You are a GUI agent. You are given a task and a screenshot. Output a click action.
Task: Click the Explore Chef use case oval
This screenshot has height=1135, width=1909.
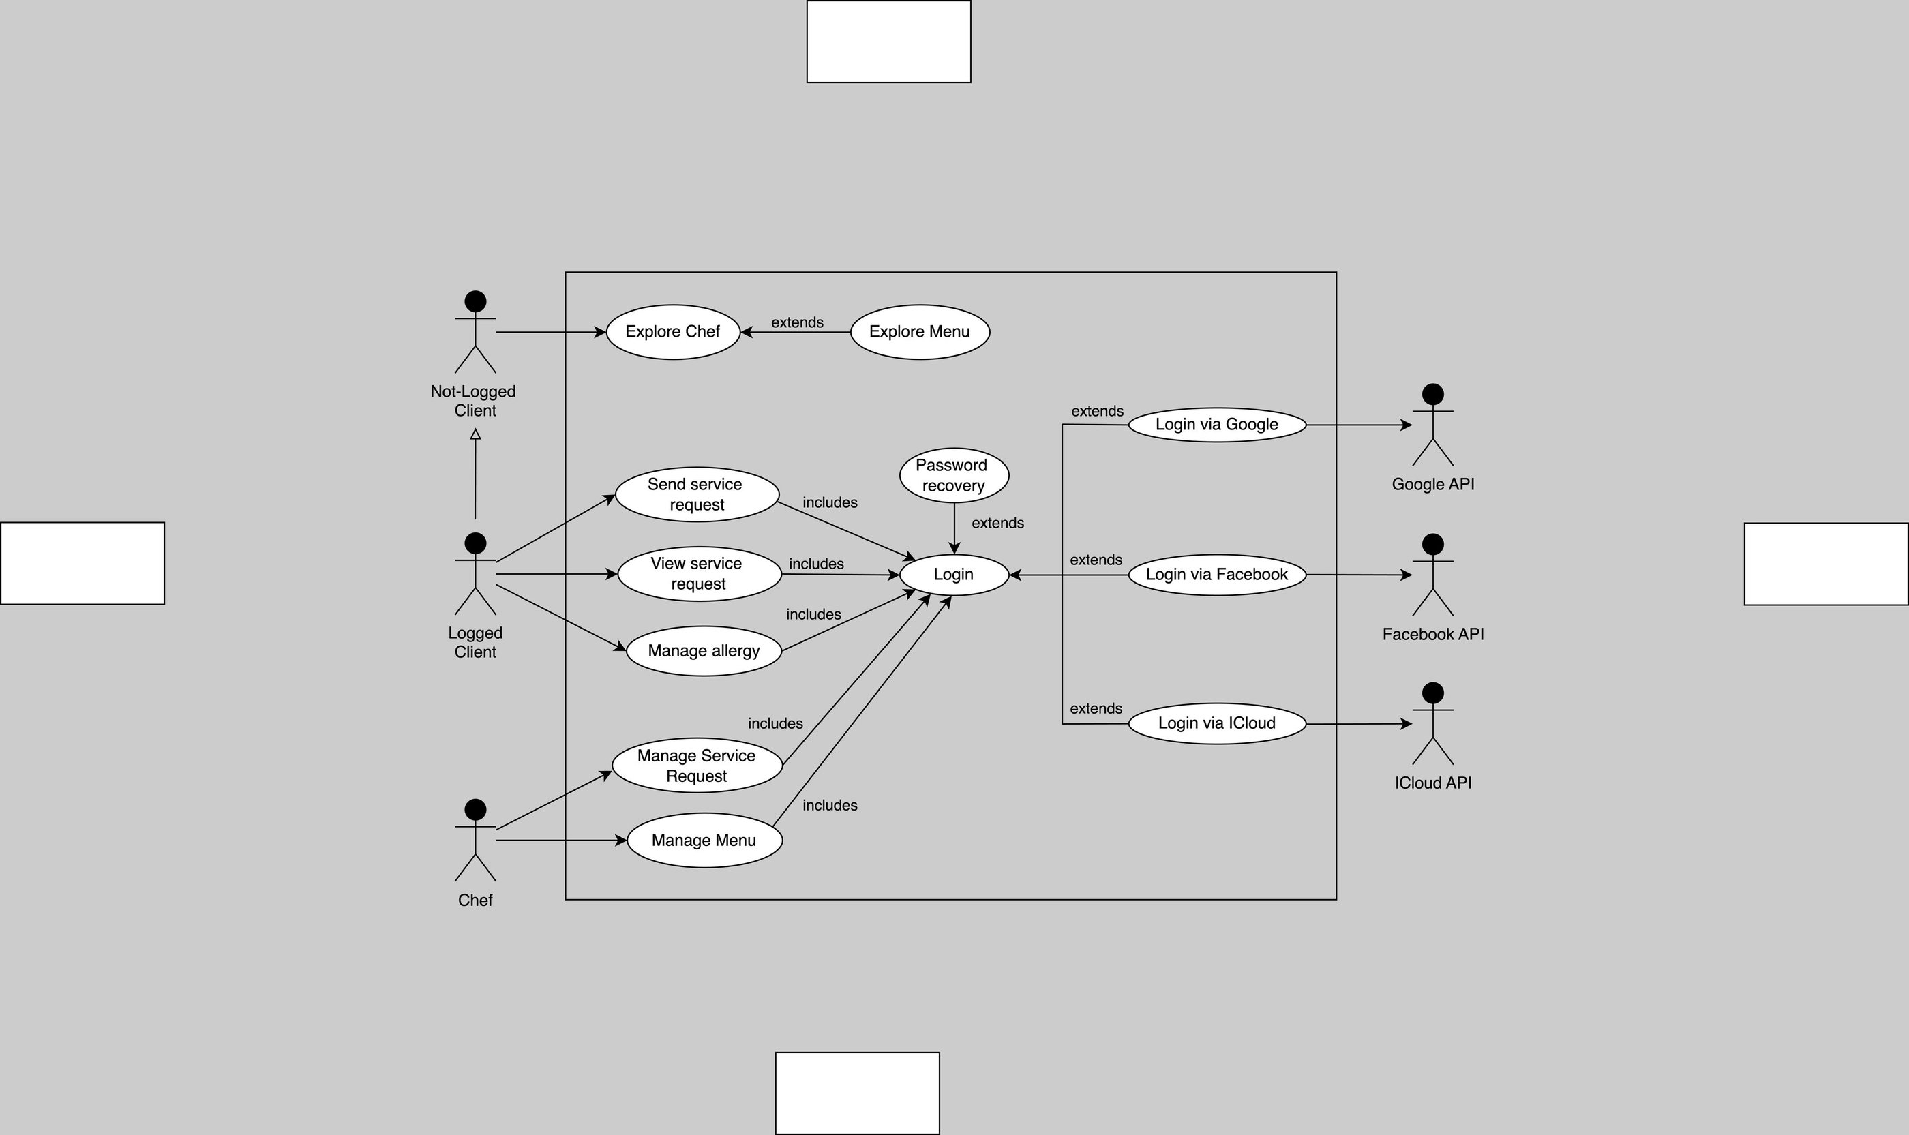coord(672,332)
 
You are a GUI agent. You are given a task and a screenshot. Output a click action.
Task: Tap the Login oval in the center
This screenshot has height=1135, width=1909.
coord(954,575)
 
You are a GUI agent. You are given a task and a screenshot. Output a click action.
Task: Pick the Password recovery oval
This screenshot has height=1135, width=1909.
coord(953,475)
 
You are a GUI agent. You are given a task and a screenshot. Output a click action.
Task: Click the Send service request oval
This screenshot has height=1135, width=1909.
coord(696,494)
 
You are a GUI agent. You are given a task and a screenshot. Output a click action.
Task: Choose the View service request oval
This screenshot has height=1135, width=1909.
coord(698,573)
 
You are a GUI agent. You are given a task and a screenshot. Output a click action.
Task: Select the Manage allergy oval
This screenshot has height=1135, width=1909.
coord(704,651)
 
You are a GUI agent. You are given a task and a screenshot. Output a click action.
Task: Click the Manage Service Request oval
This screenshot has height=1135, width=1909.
coord(697,766)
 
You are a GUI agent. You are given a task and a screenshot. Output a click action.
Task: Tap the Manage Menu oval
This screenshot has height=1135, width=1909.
coord(704,841)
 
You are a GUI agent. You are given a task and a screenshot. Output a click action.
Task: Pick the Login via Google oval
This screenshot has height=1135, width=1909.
coord(1217,425)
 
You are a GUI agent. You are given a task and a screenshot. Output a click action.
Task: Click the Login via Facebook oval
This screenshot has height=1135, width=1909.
coord(1217,575)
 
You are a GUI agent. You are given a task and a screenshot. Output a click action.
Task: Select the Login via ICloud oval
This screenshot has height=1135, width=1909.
coord(1217,723)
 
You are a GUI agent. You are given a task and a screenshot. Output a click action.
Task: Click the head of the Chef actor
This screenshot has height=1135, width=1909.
coord(475,809)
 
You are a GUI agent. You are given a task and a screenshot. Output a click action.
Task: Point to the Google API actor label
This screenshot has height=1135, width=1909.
coord(1432,484)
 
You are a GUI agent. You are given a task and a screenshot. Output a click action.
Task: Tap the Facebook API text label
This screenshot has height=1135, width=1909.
coord(1432,634)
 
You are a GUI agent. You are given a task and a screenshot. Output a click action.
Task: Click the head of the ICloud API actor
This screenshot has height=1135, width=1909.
coord(1432,693)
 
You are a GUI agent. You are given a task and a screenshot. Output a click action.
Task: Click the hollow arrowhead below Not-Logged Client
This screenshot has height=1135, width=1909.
coord(475,434)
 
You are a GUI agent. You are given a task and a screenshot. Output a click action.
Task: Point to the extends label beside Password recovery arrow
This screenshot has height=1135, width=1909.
coord(997,523)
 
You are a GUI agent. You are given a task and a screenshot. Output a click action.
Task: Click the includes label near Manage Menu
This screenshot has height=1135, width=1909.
coord(830,805)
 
